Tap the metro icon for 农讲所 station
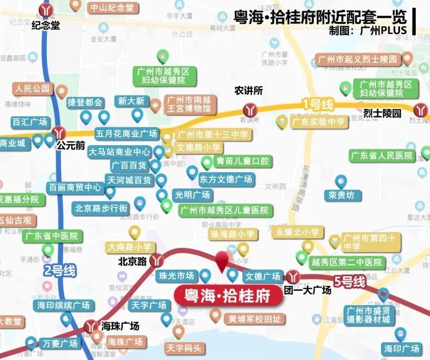tap(250, 109)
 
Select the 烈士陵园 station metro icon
tap(420, 109)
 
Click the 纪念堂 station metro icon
tap(45, 9)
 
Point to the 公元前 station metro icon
tap(58, 133)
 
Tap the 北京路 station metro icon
tap(157, 260)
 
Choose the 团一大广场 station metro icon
tap(294, 276)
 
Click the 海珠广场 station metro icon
tap(91, 326)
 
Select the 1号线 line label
tap(317, 104)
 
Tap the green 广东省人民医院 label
tap(382, 155)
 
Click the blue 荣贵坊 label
tap(342, 196)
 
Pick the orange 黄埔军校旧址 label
tap(254, 319)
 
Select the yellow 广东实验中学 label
tap(317, 122)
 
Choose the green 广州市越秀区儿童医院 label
tap(224, 211)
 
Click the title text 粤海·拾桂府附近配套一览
tap(320, 17)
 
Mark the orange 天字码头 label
tap(184, 348)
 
